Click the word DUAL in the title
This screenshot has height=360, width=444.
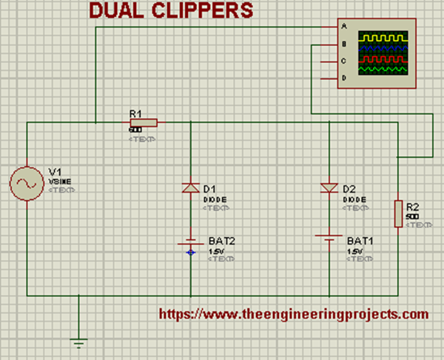click(118, 10)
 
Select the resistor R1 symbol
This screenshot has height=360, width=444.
click(143, 122)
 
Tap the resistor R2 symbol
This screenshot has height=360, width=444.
click(397, 213)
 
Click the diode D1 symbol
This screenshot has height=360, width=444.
click(191, 188)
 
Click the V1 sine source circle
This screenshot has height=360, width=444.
click(27, 184)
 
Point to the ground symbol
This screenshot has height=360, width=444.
click(78, 342)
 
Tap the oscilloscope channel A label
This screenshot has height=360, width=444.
click(343, 26)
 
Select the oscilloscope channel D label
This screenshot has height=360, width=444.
click(343, 77)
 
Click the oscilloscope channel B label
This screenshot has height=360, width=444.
click(343, 43)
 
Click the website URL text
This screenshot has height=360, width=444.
click(294, 313)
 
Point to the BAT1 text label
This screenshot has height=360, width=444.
click(360, 241)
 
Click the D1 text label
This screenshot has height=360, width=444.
click(209, 190)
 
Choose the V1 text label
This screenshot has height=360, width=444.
click(55, 171)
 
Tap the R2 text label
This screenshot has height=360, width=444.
click(412, 207)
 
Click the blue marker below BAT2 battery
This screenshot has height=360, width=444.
click(191, 252)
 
